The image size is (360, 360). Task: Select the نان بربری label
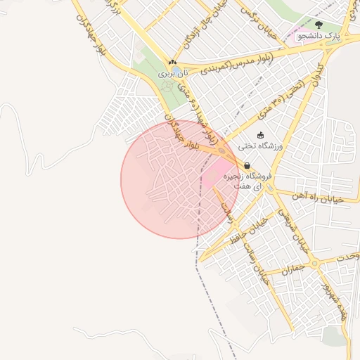click(173, 72)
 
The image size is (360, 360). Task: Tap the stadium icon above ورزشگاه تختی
click(261, 135)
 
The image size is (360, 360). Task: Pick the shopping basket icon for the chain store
click(247, 165)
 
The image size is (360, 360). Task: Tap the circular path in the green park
click(167, 86)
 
